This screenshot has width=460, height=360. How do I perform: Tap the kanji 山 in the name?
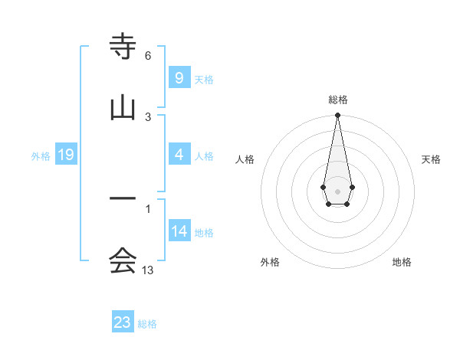pos(123,107)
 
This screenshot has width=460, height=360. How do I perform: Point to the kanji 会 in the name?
pos(123,261)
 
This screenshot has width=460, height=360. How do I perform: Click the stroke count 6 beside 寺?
pos(148,56)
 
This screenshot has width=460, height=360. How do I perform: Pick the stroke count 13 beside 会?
pos(148,270)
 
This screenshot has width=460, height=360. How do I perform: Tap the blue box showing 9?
pos(179,77)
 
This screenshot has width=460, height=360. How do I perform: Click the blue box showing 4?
pos(179,155)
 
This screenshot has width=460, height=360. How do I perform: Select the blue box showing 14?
pos(179,231)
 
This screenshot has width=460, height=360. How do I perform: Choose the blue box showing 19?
pos(65,155)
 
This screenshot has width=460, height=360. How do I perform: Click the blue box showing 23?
pos(123,322)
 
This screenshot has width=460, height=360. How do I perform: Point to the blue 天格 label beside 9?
pos(203,79)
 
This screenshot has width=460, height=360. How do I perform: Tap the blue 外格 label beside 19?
pos(41,155)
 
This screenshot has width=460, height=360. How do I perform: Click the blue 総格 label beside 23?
pos(147,324)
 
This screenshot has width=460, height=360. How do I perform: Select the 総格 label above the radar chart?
pos(337,100)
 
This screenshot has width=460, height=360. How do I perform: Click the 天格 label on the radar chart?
pos(431,159)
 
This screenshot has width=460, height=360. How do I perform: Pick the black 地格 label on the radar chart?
pos(402,262)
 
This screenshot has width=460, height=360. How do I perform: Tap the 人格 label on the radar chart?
pos(245,159)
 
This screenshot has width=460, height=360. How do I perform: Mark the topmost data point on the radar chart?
pos(337,116)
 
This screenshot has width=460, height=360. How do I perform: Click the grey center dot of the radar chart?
pos(337,190)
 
